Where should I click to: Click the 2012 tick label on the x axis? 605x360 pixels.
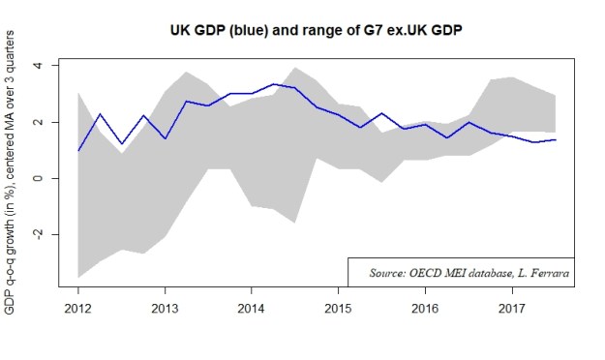click(78, 309)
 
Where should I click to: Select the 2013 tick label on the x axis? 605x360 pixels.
click(165, 309)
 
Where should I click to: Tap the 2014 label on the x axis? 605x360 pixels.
click(252, 309)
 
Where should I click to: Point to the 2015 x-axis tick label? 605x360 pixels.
click(338, 309)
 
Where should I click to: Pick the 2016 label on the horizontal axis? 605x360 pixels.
click(424, 309)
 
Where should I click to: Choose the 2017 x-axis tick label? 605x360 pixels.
click(511, 309)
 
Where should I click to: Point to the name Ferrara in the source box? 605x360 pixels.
click(549, 274)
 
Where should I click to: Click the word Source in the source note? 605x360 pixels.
click(387, 274)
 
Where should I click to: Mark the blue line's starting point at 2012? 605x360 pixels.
click(78, 151)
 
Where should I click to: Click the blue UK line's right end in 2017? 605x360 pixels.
click(555, 139)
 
